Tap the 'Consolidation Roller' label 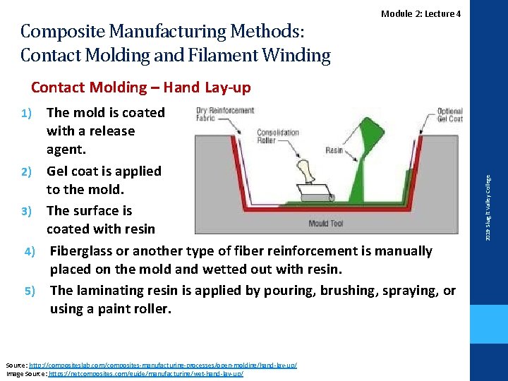[x=278, y=137]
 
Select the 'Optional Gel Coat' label [x=450, y=114]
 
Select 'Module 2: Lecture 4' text [x=421, y=14]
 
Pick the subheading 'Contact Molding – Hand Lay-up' [x=140, y=87]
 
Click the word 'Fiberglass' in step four [x=84, y=251]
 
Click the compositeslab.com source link [x=163, y=365]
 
